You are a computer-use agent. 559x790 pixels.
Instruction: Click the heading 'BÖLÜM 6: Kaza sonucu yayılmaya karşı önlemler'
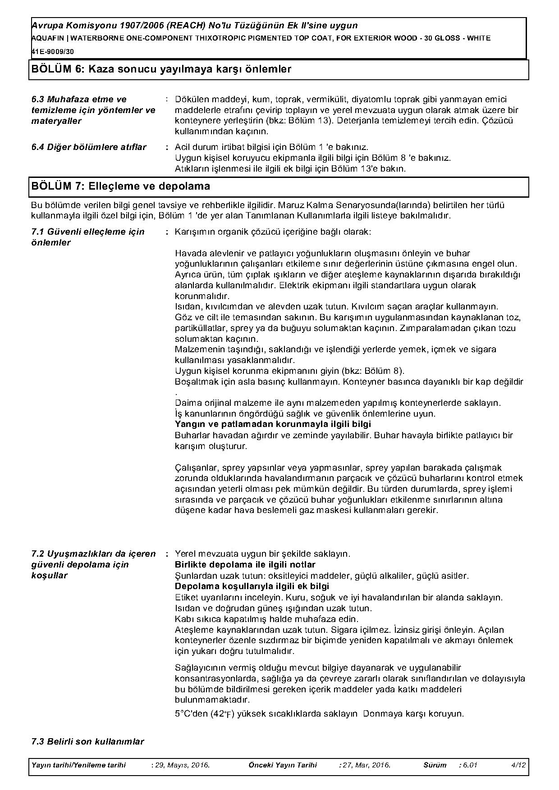(161, 69)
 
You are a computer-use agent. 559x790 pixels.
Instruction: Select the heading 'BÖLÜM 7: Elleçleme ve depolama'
(121, 186)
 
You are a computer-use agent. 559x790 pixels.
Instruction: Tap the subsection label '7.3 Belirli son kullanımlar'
(88, 741)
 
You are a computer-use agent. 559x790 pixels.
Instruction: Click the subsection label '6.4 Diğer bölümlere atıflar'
(89, 147)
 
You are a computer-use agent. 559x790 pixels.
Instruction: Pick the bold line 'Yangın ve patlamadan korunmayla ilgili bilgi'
(273, 424)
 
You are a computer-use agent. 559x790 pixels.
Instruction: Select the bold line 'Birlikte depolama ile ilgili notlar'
(245, 565)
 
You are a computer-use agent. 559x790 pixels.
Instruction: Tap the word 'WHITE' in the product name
(479, 38)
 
